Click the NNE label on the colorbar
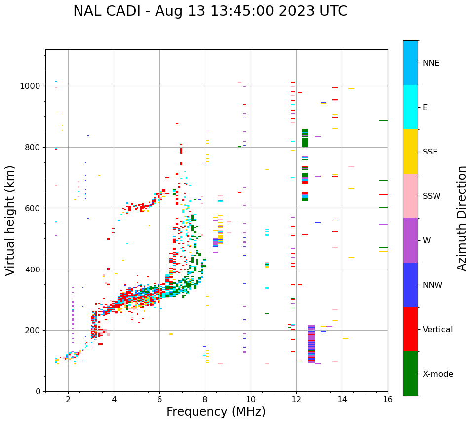click(431, 63)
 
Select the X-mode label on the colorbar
click(437, 374)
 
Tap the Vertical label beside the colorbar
click(437, 330)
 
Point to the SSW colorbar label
click(432, 196)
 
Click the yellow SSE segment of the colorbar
click(410, 152)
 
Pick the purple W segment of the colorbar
click(410, 240)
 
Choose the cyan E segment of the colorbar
click(410, 107)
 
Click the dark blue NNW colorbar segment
click(410, 285)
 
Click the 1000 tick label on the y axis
click(31, 86)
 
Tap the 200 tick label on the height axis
click(33, 330)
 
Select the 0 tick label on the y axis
click(38, 391)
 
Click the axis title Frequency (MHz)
click(216, 412)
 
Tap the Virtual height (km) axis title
click(11, 220)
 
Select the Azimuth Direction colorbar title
click(462, 218)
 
